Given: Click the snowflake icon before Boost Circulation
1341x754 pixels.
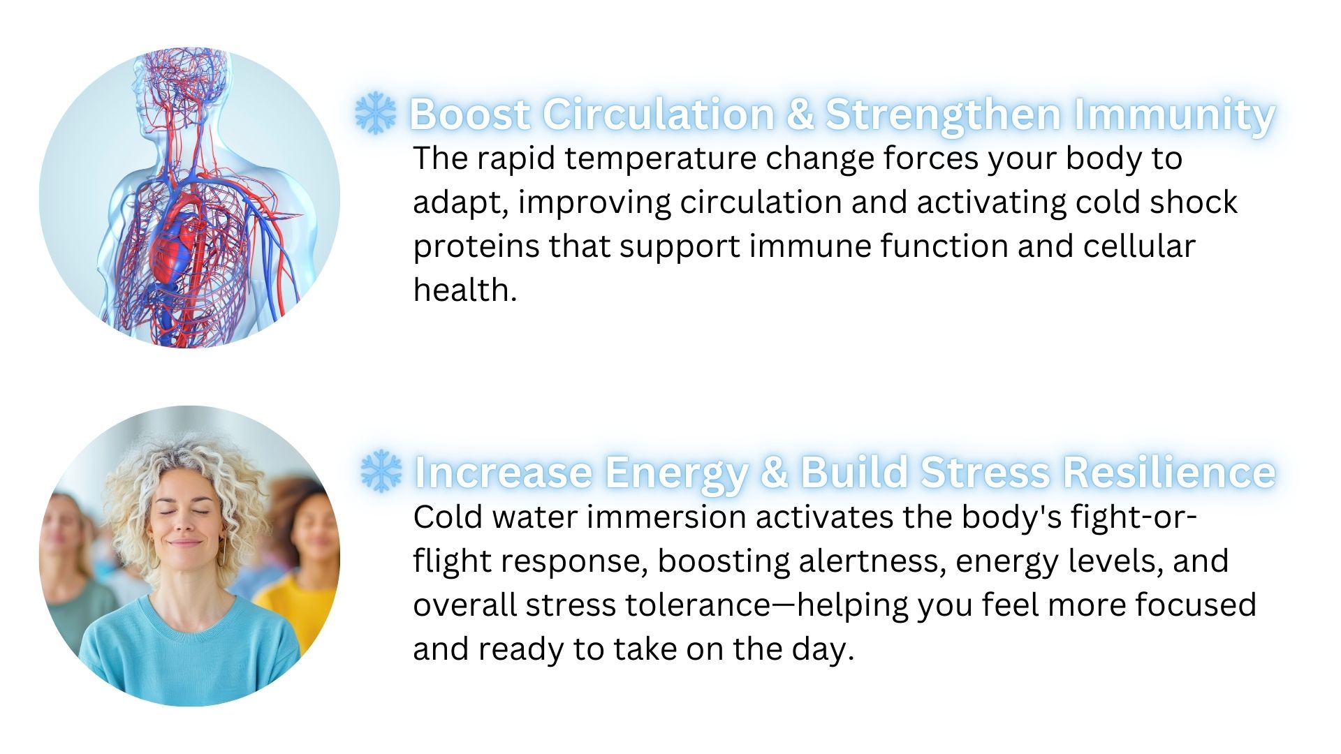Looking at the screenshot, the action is coord(375,113).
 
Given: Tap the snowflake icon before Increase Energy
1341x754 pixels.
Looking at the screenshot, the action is coord(381,471).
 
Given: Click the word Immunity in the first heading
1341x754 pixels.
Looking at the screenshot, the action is coord(1174,114).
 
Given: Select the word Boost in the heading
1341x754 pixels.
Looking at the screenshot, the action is coord(469,114).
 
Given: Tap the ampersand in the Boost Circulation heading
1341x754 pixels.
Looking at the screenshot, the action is coord(800,114).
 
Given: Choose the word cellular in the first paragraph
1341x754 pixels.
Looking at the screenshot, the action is coord(1139,246).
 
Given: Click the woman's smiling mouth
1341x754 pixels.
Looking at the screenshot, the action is coord(184,542).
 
